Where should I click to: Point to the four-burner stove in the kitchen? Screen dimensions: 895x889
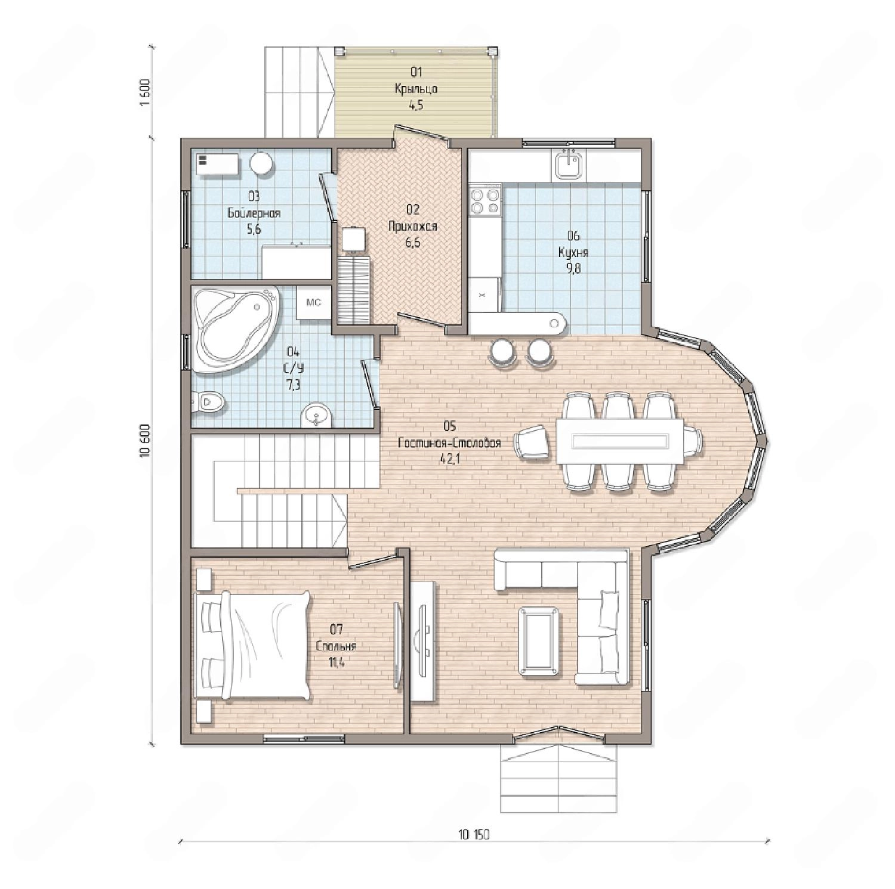(x=485, y=200)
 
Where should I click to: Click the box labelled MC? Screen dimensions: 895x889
(x=314, y=303)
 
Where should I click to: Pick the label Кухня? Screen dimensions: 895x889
(x=573, y=252)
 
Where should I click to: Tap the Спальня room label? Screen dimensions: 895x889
(x=337, y=646)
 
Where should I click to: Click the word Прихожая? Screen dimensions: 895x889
(x=413, y=226)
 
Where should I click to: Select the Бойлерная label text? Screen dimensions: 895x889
(x=254, y=213)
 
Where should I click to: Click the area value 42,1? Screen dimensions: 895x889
(x=449, y=459)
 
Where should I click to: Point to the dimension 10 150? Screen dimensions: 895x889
(x=474, y=835)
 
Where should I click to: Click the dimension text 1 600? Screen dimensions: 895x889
(x=145, y=92)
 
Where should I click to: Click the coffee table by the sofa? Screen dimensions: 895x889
(x=540, y=642)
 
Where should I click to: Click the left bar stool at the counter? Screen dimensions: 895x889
(x=502, y=351)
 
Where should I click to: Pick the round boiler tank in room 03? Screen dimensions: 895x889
(x=261, y=163)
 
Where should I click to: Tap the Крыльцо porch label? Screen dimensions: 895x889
(x=416, y=89)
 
